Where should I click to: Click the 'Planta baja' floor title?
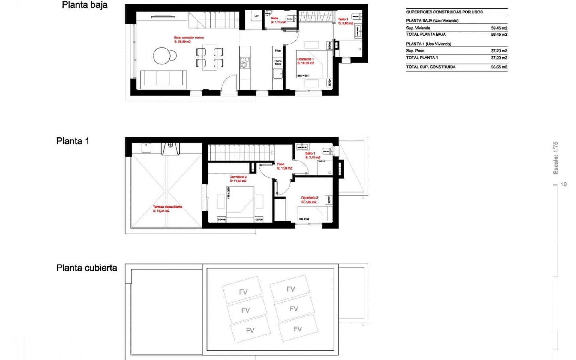pyautogui.click(x=85, y=5)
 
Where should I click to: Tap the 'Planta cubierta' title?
pyautogui.click(x=87, y=268)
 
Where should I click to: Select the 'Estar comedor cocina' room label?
pyautogui.click(x=189, y=37)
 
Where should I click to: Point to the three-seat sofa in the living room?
pyautogui.click(x=163, y=79)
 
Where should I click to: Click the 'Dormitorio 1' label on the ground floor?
pyautogui.click(x=305, y=59)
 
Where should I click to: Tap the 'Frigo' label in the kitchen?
pyautogui.click(x=278, y=51)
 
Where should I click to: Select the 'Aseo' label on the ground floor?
pyautogui.click(x=274, y=18)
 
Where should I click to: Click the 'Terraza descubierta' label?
pyautogui.click(x=167, y=207)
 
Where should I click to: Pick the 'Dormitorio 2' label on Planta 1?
pyautogui.click(x=238, y=177)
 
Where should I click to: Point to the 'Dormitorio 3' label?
pyautogui.click(x=310, y=198)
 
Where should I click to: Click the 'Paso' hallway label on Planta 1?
pyautogui.click(x=280, y=164)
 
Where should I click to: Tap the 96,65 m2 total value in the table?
pyautogui.click(x=499, y=67)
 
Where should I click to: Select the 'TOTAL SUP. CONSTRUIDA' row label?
pyautogui.click(x=431, y=67)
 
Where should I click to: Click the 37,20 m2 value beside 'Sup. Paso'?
pyautogui.click(x=499, y=51)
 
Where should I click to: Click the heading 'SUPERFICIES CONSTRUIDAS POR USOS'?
pyautogui.click(x=444, y=12)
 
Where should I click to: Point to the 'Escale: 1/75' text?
pyautogui.click(x=556, y=158)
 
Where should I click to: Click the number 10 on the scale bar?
pyautogui.click(x=563, y=184)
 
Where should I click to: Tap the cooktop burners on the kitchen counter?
pyautogui.click(x=244, y=62)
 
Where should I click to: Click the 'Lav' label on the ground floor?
pyautogui.click(x=256, y=16)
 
